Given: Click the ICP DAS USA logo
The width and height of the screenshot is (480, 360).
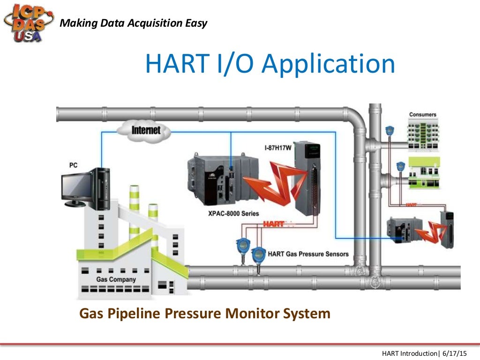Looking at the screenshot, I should pyautogui.click(x=28, y=22).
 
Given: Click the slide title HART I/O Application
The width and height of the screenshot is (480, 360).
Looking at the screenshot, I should pyautogui.click(x=270, y=64).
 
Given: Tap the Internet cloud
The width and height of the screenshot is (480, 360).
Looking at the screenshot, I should pyautogui.click(x=146, y=129).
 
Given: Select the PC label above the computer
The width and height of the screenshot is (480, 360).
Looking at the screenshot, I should pyautogui.click(x=74, y=165).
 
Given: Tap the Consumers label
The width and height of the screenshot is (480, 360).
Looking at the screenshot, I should pyautogui.click(x=422, y=114).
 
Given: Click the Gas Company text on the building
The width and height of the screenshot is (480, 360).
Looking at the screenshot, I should pyautogui.click(x=116, y=279).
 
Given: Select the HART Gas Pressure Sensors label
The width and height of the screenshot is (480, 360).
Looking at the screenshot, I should pyautogui.click(x=308, y=254).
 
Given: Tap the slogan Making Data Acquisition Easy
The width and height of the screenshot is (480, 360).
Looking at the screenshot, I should pyautogui.click(x=134, y=23).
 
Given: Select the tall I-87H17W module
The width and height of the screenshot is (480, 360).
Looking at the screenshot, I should pyautogui.click(x=310, y=178).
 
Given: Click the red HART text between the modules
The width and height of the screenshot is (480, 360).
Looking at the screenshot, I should pyautogui.click(x=273, y=224).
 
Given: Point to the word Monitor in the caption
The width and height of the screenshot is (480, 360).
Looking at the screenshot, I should pyautogui.click(x=254, y=313).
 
